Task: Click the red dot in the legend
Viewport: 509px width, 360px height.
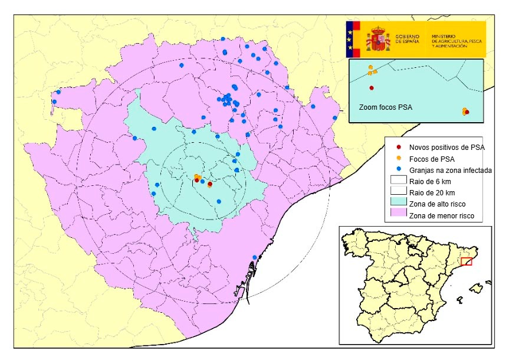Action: click(399, 146)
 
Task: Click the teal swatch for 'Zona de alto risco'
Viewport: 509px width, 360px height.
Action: click(399, 204)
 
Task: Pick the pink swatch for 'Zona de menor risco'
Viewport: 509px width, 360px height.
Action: click(399, 215)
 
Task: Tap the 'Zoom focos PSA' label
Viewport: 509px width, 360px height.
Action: click(386, 108)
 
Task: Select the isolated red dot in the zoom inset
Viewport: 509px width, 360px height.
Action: click(372, 88)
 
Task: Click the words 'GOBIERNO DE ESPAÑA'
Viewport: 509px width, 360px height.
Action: click(408, 39)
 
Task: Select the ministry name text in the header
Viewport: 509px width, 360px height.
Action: click(458, 40)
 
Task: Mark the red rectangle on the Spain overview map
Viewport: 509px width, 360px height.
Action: click(467, 261)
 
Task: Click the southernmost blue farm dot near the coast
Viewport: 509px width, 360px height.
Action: click(255, 257)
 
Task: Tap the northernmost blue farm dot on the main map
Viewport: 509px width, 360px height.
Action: click(223, 39)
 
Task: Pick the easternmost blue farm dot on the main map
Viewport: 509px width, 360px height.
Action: click(335, 118)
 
